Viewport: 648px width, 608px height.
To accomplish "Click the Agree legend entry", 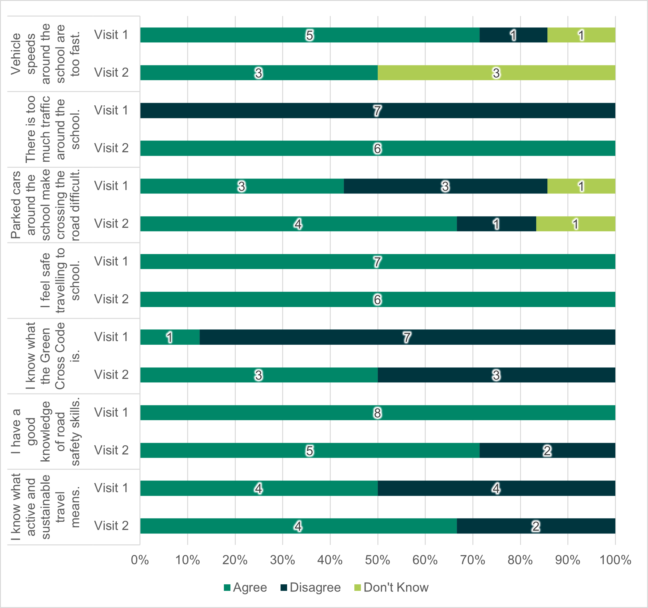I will point(245,587).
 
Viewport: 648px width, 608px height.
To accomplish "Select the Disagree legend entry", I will point(311,587).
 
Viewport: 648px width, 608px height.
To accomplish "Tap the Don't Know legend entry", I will point(391,587).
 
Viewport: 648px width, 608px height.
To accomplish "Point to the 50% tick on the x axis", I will point(377,560).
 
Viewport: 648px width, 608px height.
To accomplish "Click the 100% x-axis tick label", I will point(615,560).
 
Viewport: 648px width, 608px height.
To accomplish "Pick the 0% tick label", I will point(140,560).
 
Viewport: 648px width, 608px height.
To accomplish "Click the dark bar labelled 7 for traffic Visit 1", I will point(377,111).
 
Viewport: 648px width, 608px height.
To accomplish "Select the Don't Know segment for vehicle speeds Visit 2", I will point(496,73).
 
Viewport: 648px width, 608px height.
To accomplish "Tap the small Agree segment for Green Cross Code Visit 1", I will point(170,337).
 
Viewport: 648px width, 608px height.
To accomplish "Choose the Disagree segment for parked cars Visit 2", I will point(496,224).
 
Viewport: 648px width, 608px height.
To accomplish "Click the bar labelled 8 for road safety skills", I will point(377,413).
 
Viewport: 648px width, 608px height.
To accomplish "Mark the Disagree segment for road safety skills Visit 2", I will point(547,450).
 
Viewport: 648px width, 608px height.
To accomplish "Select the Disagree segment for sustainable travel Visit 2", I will point(536,526).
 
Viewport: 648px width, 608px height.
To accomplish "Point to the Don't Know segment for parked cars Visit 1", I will point(581,186).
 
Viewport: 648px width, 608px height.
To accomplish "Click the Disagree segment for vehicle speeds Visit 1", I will point(513,35).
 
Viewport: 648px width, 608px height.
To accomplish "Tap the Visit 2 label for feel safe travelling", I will point(111,299).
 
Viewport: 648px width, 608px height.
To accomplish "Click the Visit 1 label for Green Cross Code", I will point(111,337).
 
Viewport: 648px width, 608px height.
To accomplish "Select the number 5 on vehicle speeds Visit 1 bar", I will point(310,35).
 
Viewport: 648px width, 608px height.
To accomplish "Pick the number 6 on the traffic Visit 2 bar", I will point(377,148).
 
